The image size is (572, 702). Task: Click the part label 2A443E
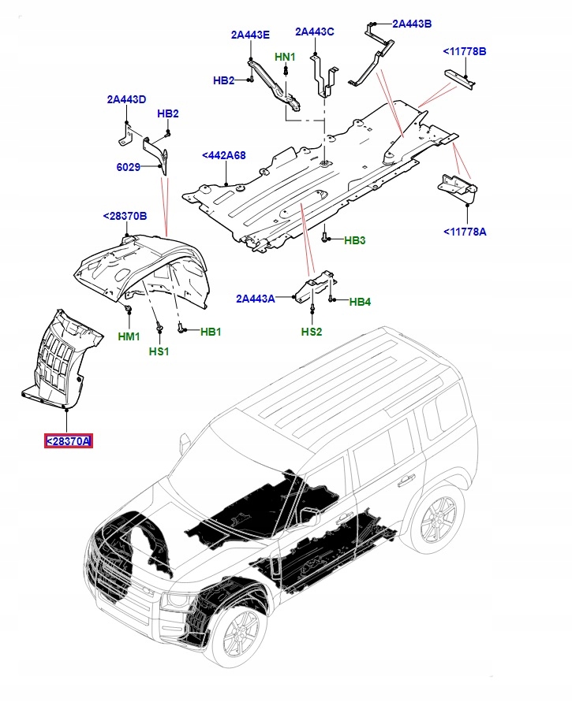point(250,35)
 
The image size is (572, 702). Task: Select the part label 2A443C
point(315,32)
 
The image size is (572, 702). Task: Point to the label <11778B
point(464,52)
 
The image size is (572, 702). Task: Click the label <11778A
point(464,232)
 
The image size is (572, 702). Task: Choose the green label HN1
point(285,58)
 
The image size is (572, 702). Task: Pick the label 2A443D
point(127,99)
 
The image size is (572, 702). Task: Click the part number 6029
point(128,167)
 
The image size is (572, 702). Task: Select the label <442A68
point(224,156)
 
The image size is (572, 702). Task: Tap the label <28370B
point(125,216)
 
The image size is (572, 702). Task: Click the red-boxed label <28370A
point(68,441)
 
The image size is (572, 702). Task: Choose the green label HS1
point(159,351)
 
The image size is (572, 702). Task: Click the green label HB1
point(210,332)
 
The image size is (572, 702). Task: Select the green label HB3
point(355,240)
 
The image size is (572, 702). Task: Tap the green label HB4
point(360,301)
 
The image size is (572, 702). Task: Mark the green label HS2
point(312,332)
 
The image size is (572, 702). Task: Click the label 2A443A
point(256,299)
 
